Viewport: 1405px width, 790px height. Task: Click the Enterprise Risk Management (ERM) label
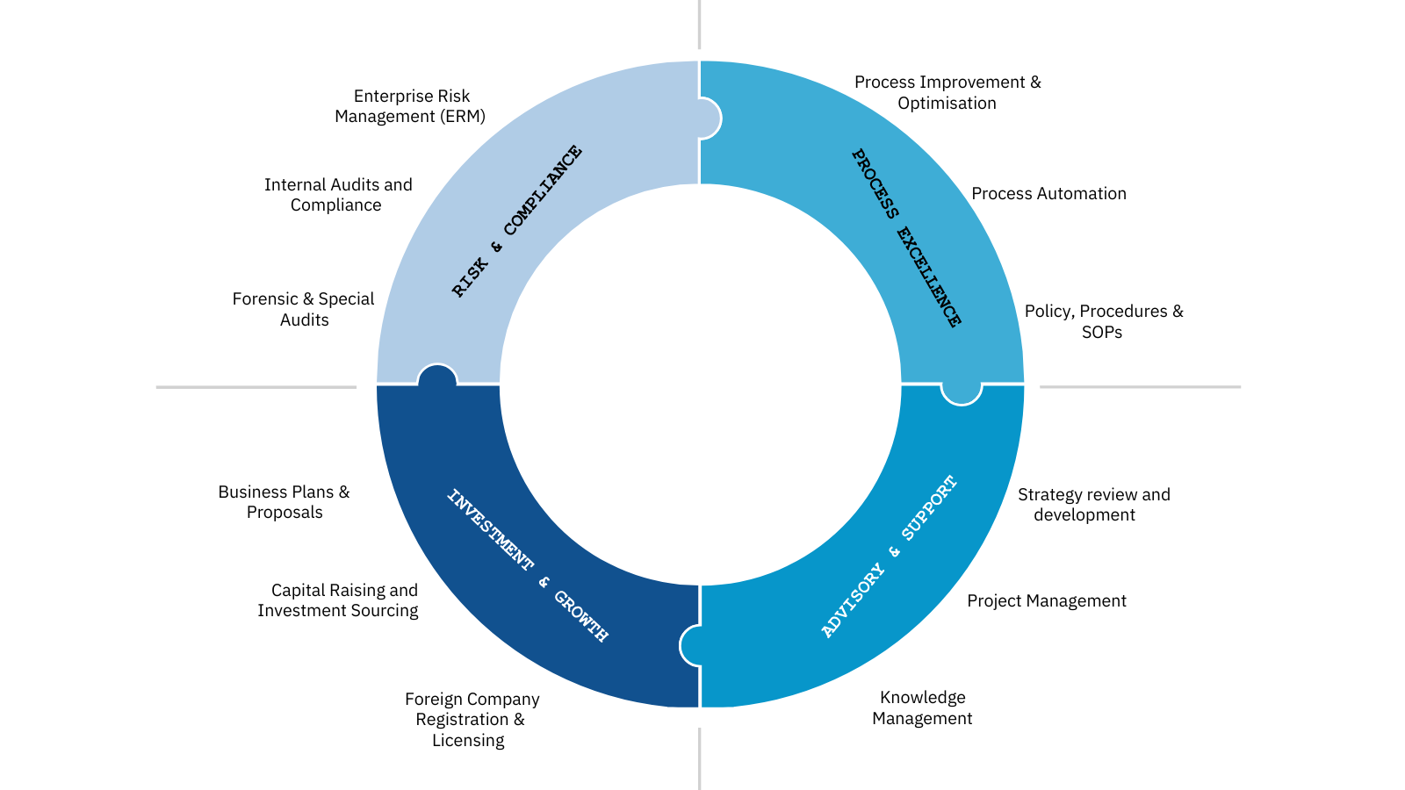410,106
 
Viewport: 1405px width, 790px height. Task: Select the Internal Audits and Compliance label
338,195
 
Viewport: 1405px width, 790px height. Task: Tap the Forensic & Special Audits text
304,309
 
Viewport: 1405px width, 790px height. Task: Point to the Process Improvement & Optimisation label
947,92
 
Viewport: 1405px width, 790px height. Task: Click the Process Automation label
1048,194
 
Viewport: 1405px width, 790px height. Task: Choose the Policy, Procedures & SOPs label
1103,321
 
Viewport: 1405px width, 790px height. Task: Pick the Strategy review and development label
1093,505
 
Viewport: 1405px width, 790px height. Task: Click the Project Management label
1046,601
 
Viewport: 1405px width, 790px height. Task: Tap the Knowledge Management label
922,707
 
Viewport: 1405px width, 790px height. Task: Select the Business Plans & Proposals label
284,502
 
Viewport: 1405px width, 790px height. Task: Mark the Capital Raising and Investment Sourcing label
339,600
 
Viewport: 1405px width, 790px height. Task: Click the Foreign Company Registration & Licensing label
472,720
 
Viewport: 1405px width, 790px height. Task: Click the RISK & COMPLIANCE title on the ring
516,221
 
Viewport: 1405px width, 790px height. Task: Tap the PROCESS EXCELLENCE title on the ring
906,238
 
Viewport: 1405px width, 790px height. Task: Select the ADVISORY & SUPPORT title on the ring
889,557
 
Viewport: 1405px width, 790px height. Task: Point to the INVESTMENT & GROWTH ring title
527,565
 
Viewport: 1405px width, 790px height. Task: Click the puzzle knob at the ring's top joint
709,118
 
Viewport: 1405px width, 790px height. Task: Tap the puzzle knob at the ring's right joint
962,393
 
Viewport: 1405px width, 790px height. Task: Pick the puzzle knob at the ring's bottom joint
691,645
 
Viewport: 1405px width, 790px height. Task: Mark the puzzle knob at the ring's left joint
437,376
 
